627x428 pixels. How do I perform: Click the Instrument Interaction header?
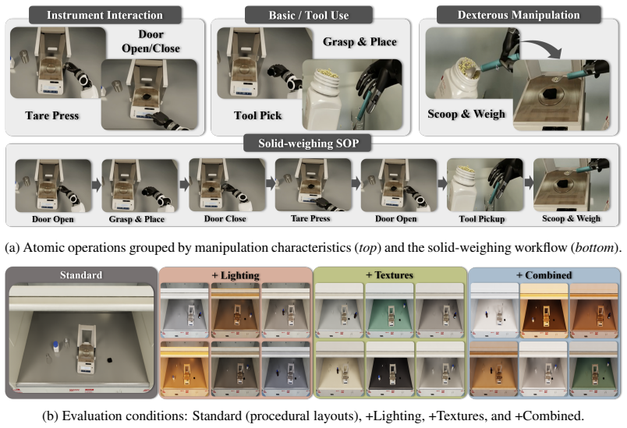104,15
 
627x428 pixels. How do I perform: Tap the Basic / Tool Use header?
308,15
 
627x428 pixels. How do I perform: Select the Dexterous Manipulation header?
519,15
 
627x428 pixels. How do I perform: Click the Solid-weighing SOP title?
308,143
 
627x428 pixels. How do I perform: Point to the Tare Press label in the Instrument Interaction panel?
52,115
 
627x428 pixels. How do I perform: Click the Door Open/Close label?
151,41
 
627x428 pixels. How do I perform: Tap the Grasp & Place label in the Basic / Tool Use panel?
360,41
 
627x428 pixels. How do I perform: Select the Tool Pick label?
257,115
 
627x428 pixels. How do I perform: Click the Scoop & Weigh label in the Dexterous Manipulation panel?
466,114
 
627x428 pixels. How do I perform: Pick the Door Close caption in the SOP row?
225,218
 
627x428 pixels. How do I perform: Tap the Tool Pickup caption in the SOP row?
482,218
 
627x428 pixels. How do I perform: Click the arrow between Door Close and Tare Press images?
271,183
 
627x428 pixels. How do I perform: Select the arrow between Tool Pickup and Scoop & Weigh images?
529,182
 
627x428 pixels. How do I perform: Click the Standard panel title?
81,275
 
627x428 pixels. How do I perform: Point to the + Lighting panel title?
236,275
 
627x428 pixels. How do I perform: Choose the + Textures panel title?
389,275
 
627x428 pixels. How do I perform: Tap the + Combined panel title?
544,275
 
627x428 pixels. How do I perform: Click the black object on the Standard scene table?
109,359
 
